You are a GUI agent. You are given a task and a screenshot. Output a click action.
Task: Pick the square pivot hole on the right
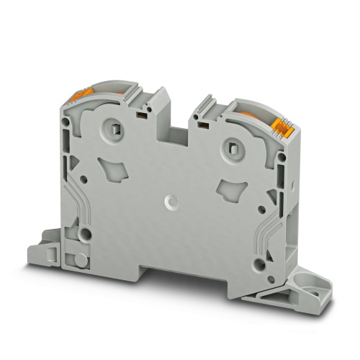point(232,149)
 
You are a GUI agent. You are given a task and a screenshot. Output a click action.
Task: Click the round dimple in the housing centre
point(171,202)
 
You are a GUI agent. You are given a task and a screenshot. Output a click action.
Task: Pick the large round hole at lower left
point(86,233)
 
